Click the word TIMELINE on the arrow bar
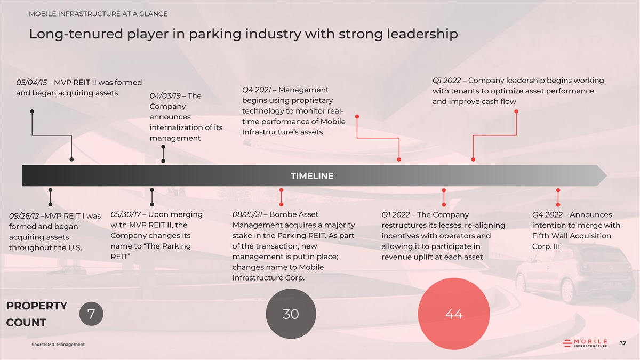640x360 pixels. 312,176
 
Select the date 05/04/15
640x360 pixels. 33,83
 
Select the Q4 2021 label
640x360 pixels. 259,90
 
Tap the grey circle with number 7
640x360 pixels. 91,314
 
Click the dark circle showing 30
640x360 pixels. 291,314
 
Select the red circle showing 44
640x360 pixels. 453,314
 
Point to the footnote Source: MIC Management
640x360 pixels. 59,345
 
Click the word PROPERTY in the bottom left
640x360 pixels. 37,306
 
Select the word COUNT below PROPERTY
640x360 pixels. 26,323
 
